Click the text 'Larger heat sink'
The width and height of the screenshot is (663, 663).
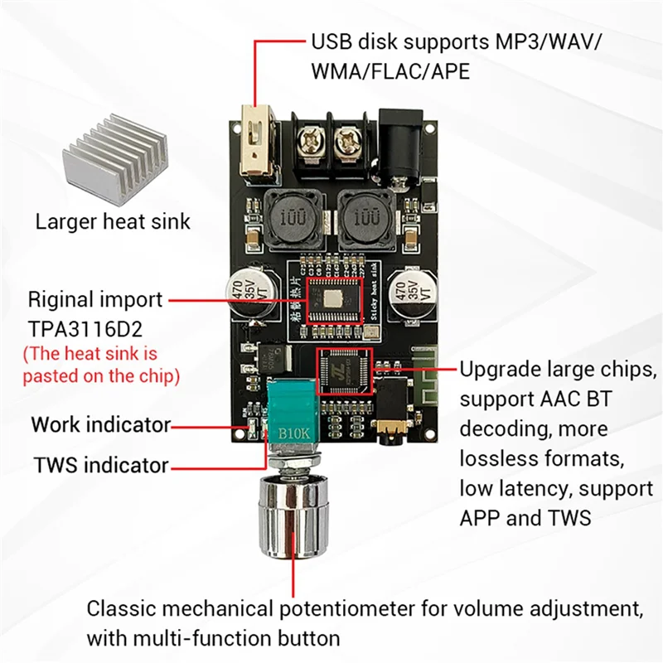coord(113,222)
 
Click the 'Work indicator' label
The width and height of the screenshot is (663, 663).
coord(100,425)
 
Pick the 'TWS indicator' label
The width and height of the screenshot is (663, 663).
coord(100,465)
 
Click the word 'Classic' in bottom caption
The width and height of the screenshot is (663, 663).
coord(121,610)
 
